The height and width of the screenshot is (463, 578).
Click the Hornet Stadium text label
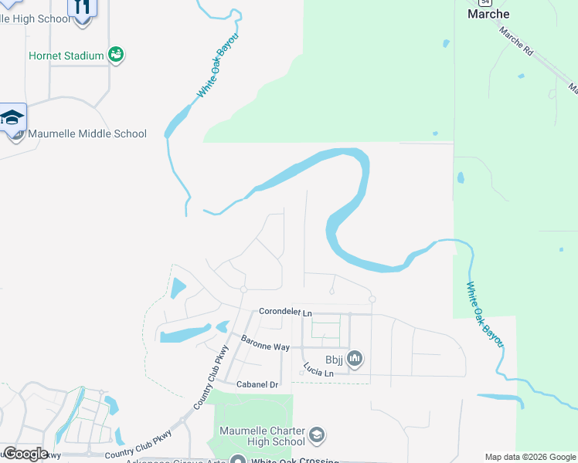pyautogui.click(x=66, y=56)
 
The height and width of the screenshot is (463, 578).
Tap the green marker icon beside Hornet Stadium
pyautogui.click(x=116, y=54)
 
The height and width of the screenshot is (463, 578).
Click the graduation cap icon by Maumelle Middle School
pyautogui.click(x=12, y=118)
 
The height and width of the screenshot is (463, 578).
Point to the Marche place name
pyautogui.click(x=488, y=14)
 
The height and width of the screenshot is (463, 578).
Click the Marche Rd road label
pyautogui.click(x=516, y=42)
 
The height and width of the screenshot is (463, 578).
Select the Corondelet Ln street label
pyautogui.click(x=285, y=312)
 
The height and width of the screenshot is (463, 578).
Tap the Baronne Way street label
pyautogui.click(x=265, y=343)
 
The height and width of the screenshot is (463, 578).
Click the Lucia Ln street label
pyautogui.click(x=318, y=370)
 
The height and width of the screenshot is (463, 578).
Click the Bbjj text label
pyautogui.click(x=335, y=358)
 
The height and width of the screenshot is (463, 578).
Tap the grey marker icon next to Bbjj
pyautogui.click(x=355, y=358)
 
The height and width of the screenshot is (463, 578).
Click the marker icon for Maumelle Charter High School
pyautogui.click(x=316, y=436)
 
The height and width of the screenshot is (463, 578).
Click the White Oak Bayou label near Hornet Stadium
pyautogui.click(x=217, y=66)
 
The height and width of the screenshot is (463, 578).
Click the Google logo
pyautogui.click(x=25, y=453)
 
